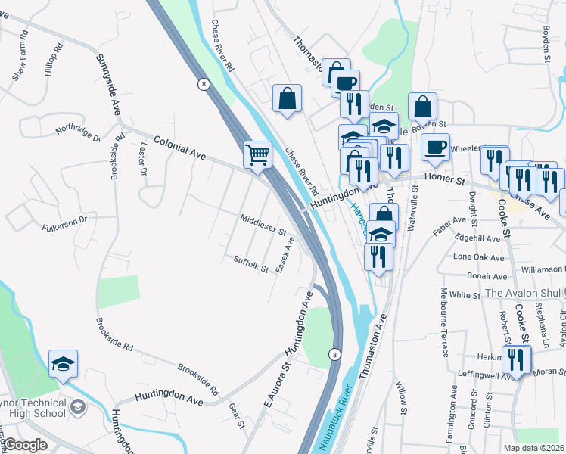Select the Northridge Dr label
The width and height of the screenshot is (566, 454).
[78, 132]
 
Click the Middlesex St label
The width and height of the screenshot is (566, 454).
[263, 225]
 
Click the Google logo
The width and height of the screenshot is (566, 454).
[26, 444]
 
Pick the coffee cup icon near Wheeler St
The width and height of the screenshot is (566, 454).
[435, 147]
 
